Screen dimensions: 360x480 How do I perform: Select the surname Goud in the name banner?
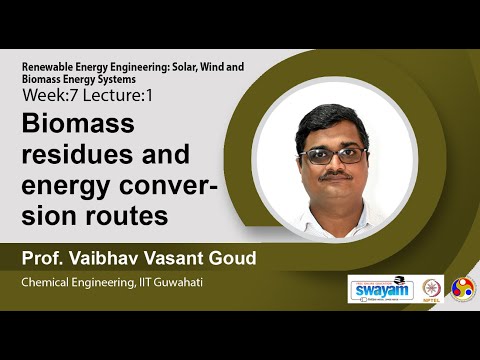click(x=230, y=259)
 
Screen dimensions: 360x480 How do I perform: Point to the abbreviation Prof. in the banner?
click(x=43, y=259)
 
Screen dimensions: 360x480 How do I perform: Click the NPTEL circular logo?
click(x=433, y=289)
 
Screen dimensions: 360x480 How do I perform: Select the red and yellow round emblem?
click(x=463, y=289)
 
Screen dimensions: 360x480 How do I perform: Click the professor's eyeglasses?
click(x=335, y=155)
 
